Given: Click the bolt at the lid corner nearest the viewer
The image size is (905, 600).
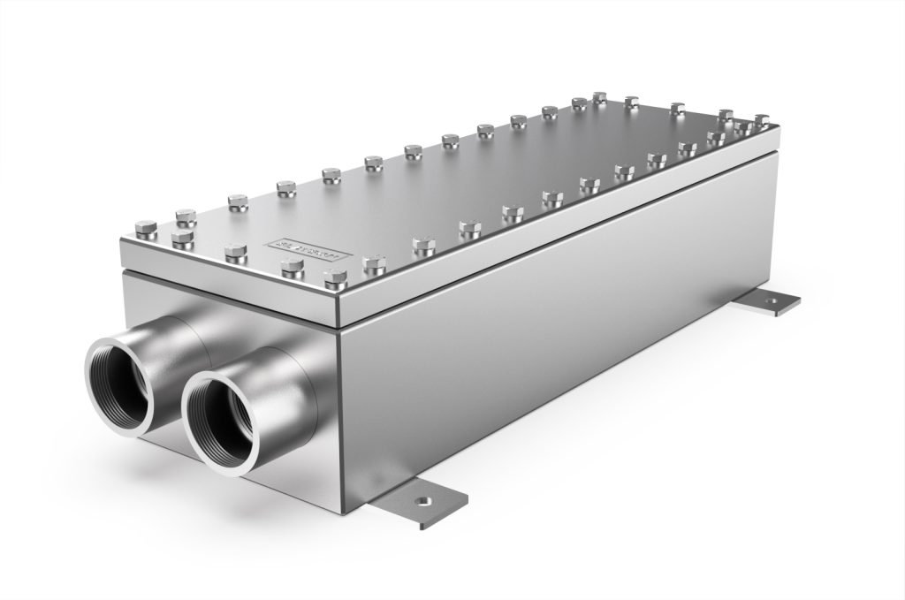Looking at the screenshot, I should [x=336, y=279].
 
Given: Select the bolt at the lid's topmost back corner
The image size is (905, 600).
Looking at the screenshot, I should [x=599, y=97].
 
